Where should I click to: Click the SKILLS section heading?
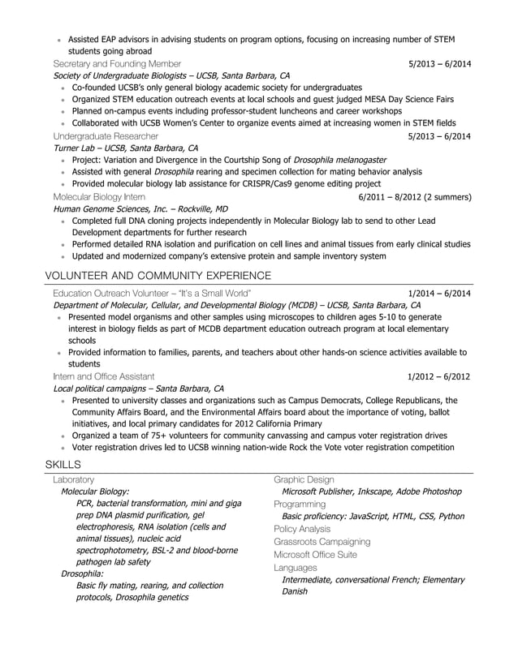pyautogui.click(x=63, y=465)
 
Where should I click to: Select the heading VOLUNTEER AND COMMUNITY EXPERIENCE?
pyautogui.click(x=158, y=276)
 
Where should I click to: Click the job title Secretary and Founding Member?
pyautogui.click(x=117, y=63)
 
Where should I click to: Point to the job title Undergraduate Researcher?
pyautogui.click(x=106, y=136)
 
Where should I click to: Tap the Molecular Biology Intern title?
pyautogui.click(x=99, y=197)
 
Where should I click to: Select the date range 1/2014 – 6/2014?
pyautogui.click(x=439, y=293)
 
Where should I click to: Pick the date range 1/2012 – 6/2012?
pyautogui.click(x=439, y=377)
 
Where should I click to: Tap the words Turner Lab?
pyautogui.click(x=75, y=148)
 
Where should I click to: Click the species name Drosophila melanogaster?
pyautogui.click(x=340, y=161)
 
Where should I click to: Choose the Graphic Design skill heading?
pyautogui.click(x=304, y=480)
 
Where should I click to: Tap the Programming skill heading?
pyautogui.click(x=300, y=504)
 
